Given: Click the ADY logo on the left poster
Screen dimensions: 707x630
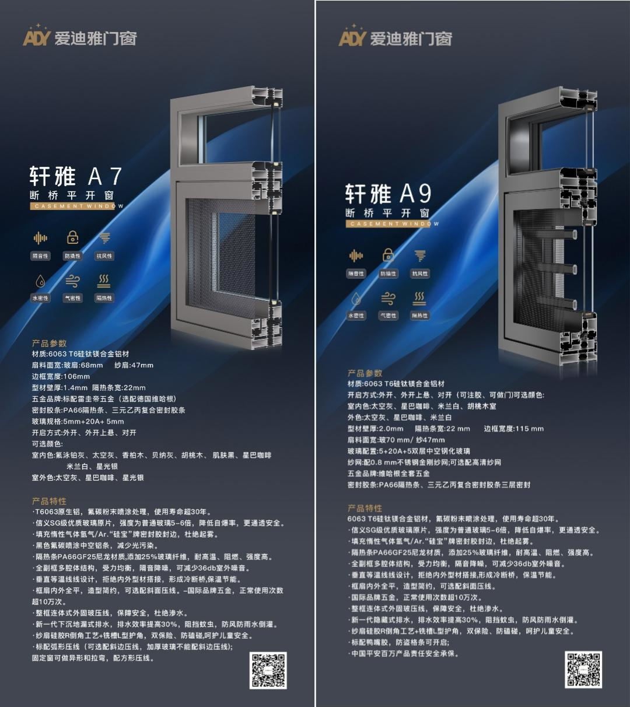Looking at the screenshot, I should tap(37, 38).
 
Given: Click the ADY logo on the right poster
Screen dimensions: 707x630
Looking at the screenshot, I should tap(352, 38).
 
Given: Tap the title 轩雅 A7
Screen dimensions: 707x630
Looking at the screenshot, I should tap(76, 176).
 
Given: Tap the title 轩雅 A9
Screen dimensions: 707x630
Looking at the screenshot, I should tap(388, 194).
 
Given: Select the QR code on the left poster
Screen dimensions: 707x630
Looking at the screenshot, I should tap(268, 670).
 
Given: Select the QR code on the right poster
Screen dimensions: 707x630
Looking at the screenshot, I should tap(583, 670).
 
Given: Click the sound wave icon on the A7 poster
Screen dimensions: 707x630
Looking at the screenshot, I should tap(40, 238).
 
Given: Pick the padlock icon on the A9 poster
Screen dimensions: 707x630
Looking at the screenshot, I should tap(388, 256).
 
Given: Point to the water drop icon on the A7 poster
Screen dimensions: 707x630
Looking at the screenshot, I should tap(40, 281).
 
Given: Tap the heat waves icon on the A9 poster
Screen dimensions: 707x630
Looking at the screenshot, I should tap(419, 299).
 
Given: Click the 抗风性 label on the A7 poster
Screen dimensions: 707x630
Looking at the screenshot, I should tap(104, 256).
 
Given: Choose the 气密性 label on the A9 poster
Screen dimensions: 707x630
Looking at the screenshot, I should tap(388, 316).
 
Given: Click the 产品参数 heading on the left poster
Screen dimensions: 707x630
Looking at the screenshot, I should tap(49, 343).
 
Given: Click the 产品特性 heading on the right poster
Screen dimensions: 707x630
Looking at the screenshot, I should tap(365, 508).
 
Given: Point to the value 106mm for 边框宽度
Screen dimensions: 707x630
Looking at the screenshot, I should tap(77, 376).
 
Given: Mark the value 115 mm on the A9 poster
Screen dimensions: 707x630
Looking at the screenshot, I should tap(529, 428).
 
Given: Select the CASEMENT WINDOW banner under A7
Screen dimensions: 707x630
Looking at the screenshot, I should tap(76, 206).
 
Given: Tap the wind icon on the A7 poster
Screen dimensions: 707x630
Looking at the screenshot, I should tap(72, 281).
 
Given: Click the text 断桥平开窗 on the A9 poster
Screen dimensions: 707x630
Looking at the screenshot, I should tap(387, 213).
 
